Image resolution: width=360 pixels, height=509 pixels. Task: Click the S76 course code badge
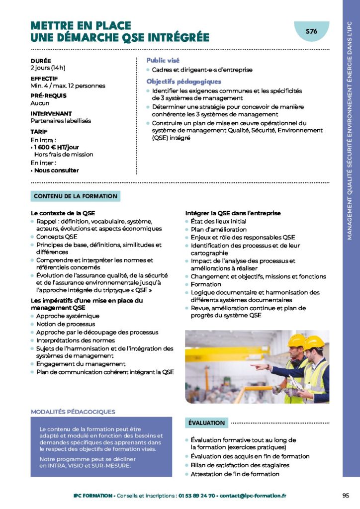(x=311, y=31)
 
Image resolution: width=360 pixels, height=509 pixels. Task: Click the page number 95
(x=346, y=495)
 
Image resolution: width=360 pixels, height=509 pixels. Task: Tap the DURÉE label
(x=40, y=61)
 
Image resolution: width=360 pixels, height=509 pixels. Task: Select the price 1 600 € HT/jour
(x=54, y=147)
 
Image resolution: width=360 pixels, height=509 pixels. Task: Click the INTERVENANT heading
(x=51, y=113)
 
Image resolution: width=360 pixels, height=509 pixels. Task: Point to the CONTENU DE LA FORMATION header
(x=76, y=196)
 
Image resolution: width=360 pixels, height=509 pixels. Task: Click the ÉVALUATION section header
(x=207, y=423)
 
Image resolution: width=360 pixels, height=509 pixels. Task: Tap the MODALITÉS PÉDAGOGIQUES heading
(x=73, y=412)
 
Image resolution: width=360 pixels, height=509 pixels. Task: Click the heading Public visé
(x=163, y=60)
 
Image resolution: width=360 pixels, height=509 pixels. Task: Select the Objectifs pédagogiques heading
(x=183, y=82)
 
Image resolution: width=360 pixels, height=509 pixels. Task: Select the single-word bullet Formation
(x=206, y=284)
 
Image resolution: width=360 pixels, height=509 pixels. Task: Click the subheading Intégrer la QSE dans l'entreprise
(x=233, y=213)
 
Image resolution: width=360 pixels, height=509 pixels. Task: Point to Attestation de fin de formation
(x=235, y=474)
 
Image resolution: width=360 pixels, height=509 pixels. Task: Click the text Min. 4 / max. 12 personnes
(x=68, y=85)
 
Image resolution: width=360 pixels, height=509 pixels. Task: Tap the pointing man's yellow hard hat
(x=296, y=341)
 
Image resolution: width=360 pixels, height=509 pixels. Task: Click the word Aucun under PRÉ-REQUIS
(x=40, y=103)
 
